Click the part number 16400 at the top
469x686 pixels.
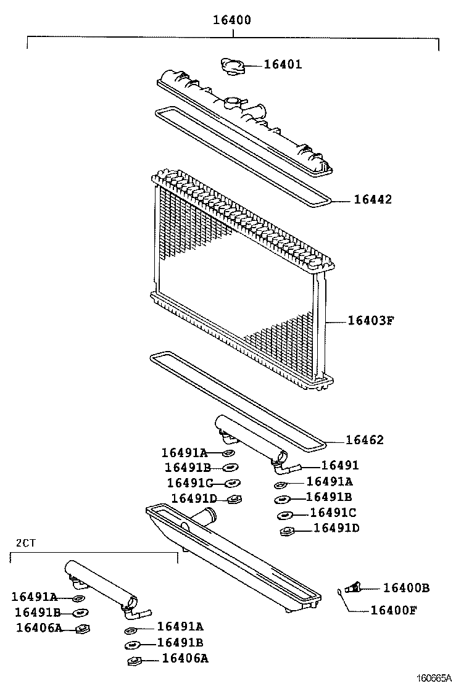(x=232, y=20)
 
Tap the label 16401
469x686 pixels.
(x=283, y=64)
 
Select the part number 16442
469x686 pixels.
(x=373, y=200)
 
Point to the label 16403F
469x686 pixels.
(x=370, y=320)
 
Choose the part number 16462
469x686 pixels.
(x=364, y=440)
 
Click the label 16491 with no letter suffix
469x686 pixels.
(x=340, y=466)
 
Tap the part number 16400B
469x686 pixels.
(x=406, y=588)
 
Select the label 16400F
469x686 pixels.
(x=393, y=611)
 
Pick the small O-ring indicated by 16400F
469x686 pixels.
(x=340, y=592)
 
